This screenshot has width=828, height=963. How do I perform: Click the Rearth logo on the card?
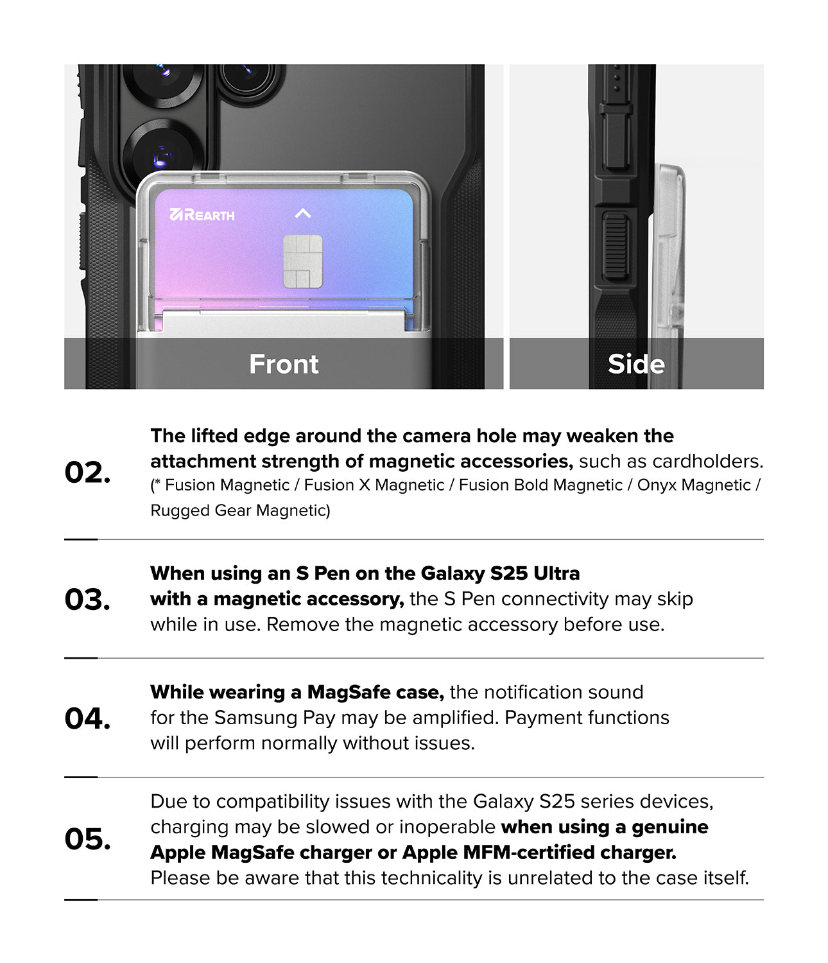202,214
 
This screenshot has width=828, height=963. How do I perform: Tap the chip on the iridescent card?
303,261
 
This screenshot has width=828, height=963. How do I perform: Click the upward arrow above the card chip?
303,213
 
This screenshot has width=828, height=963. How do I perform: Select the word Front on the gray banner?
284,364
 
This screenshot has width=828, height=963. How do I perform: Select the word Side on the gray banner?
636,364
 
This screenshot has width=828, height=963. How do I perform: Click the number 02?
87,473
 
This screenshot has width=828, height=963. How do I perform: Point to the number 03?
87,600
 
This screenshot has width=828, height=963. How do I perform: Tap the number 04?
87,718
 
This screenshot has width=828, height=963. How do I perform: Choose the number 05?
87,839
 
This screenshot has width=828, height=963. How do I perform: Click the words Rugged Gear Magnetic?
239,510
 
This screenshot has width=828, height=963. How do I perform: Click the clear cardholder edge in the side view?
669,257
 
